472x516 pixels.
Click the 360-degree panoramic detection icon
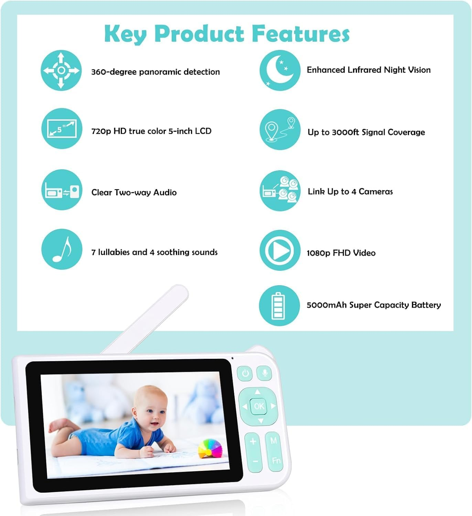61,70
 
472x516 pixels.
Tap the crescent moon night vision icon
280,70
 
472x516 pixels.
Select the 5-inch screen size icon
62,128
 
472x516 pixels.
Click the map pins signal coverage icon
280,129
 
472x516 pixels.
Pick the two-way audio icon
62,190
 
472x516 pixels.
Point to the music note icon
62,249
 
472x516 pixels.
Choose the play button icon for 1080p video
280,250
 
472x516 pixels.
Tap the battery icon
279,305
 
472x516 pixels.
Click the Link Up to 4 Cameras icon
280,191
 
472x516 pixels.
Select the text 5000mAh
326,305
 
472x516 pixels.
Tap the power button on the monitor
245,373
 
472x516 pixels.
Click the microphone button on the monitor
265,373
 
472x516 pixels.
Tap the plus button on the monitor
253,441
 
